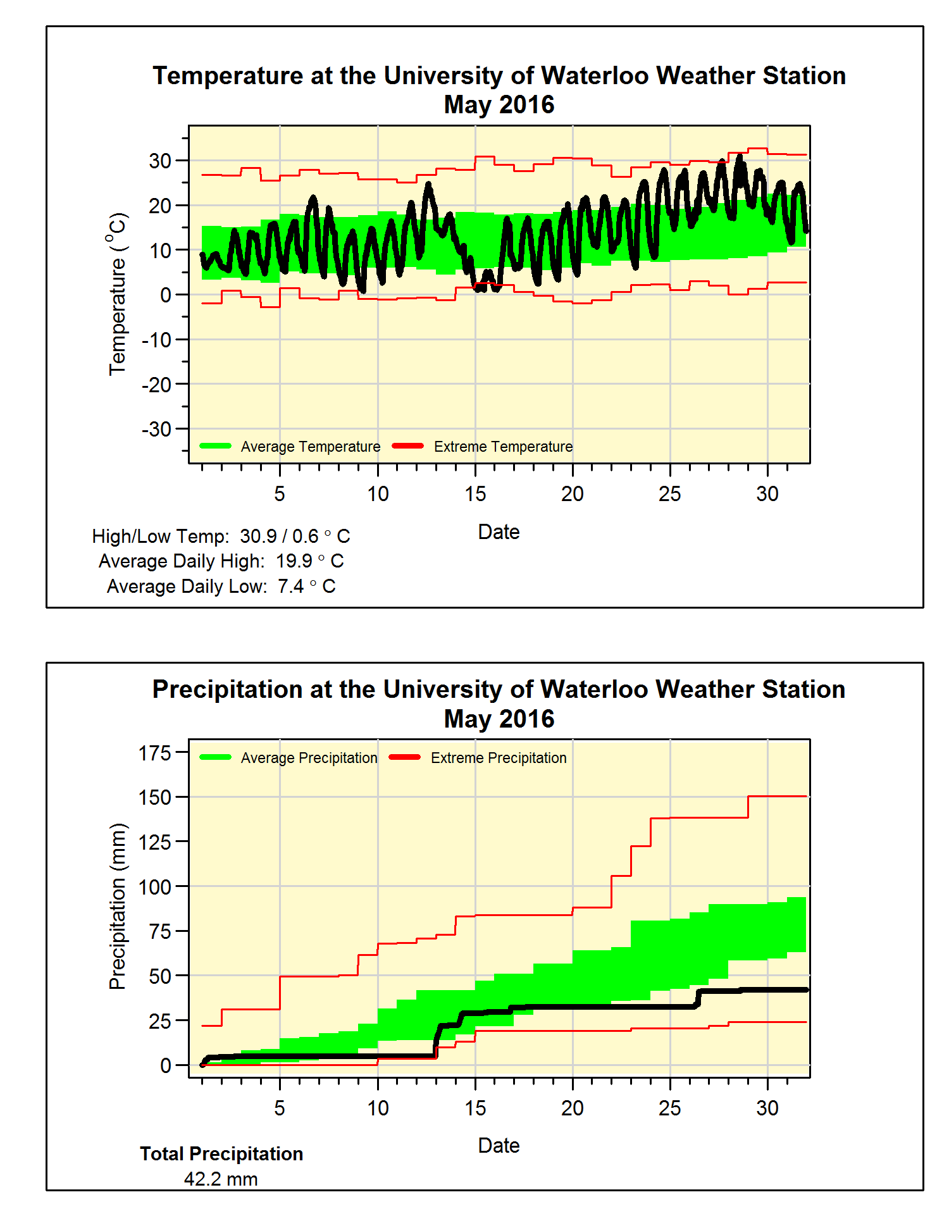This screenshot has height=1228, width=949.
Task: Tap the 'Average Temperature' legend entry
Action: tap(310, 447)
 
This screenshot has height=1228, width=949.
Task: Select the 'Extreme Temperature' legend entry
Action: tap(503, 447)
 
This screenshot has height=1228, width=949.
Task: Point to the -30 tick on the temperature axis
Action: tap(157, 430)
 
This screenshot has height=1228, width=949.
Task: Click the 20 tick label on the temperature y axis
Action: tap(160, 206)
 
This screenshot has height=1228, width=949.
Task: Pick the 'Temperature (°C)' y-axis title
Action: tap(118, 294)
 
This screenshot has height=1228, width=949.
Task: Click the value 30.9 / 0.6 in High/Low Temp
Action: tap(279, 536)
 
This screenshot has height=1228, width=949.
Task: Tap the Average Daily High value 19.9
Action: tap(294, 561)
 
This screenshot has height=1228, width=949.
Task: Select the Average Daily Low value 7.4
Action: tap(290, 586)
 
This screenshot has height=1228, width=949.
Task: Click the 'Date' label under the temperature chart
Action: tap(499, 532)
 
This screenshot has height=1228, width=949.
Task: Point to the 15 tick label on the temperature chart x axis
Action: tap(475, 494)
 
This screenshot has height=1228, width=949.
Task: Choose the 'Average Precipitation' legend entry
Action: tap(309, 758)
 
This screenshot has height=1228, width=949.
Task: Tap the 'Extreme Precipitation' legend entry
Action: tap(499, 758)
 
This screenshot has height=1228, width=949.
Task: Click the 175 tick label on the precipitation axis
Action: tap(155, 753)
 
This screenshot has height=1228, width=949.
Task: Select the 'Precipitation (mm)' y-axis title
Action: tap(118, 906)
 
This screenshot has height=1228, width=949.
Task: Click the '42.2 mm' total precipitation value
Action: tap(221, 1179)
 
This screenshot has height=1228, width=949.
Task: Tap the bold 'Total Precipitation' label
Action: tap(221, 1154)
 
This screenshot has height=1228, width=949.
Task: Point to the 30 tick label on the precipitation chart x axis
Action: tap(767, 1108)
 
